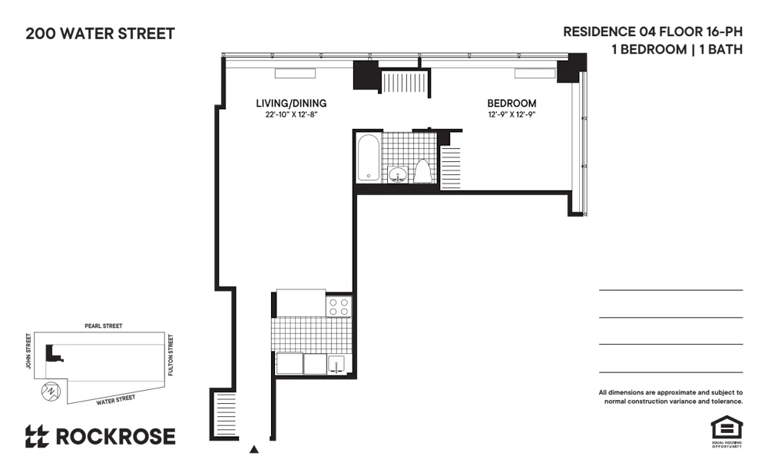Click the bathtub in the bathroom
tap(369, 158)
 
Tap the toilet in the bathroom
tap(423, 170)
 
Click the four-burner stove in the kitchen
tap(339, 306)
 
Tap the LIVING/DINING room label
tap(291, 104)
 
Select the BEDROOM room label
tap(511, 104)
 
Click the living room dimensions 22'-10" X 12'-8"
tap(291, 115)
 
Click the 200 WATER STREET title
tap(100, 34)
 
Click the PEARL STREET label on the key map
tap(103, 326)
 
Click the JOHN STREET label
tap(29, 351)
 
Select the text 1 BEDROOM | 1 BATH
tap(677, 50)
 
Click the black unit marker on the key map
tap(52, 352)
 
